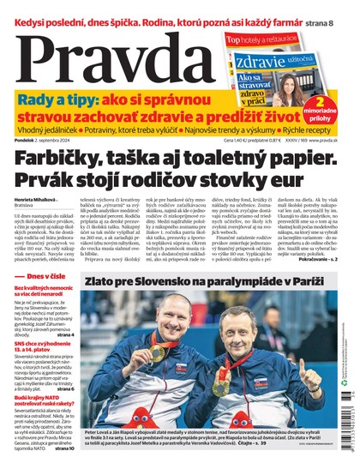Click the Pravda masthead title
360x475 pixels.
tap(103, 56)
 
